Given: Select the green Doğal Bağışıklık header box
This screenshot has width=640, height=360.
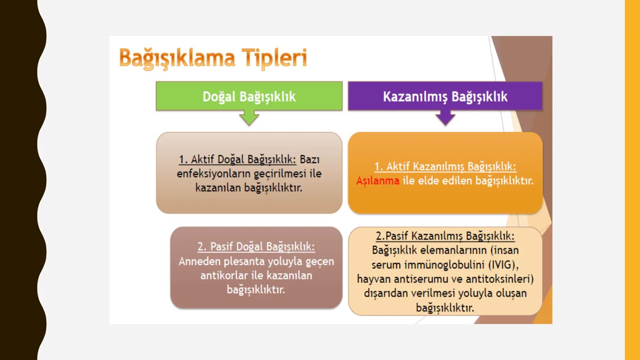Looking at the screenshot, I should [x=249, y=96].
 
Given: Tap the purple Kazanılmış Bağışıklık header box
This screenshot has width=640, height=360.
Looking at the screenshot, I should [x=445, y=96].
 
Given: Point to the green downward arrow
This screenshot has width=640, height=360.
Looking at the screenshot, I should [x=249, y=118].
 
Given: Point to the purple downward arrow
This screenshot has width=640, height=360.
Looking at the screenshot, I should [x=445, y=118].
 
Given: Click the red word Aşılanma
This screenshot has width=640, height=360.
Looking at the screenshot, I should [x=378, y=181].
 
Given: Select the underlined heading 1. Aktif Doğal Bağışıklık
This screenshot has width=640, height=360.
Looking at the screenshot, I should [x=237, y=159].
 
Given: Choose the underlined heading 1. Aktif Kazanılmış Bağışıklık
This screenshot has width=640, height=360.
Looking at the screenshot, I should [x=445, y=166].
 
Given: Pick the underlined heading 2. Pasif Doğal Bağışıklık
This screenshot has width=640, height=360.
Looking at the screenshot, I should [x=256, y=247].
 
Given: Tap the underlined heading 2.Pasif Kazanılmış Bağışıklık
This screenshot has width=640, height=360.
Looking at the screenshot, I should [x=445, y=236].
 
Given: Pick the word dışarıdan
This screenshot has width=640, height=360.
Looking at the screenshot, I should [x=386, y=293].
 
